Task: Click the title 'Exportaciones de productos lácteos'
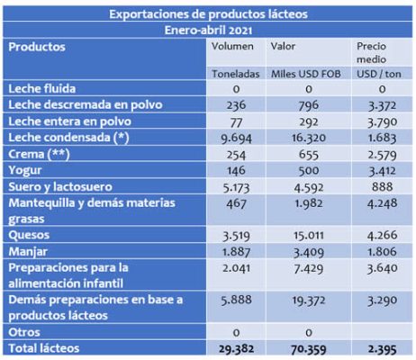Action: pyautogui.click(x=208, y=14)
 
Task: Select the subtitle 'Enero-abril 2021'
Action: pyautogui.click(x=208, y=31)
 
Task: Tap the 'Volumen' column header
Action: pyautogui.click(x=232, y=47)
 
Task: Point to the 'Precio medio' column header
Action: pyautogui.click(x=371, y=53)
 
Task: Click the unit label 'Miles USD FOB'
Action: pyautogui.click(x=306, y=74)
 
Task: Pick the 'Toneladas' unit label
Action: pyautogui.click(x=236, y=74)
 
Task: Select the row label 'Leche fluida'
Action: pyautogui.click(x=42, y=89)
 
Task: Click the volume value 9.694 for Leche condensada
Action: pyautogui.click(x=236, y=139)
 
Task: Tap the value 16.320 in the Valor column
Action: pyautogui.click(x=309, y=138)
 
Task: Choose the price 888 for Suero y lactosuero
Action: pyautogui.click(x=382, y=187)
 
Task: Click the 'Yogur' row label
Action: pyautogui.click(x=25, y=170)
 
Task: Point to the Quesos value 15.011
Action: pyautogui.click(x=309, y=235)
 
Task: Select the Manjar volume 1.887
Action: pyautogui.click(x=236, y=252)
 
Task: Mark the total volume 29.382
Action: pyautogui.click(x=236, y=349)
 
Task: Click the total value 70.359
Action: pyautogui.click(x=309, y=349)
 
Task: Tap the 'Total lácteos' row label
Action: pyautogui.click(x=44, y=348)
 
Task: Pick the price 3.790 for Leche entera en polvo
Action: pyautogui.click(x=383, y=122)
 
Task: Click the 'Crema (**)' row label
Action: pyautogui.click(x=39, y=154)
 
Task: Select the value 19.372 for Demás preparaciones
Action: pyautogui.click(x=309, y=301)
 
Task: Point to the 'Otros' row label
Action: pyautogui.click(x=24, y=332)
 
